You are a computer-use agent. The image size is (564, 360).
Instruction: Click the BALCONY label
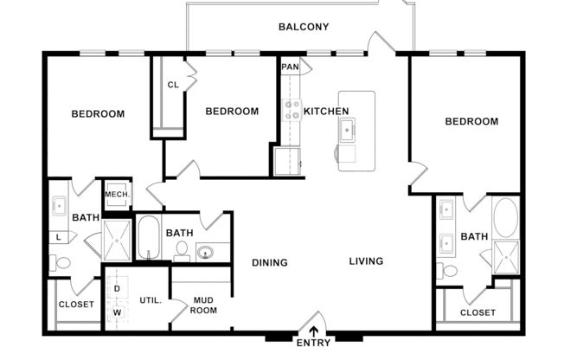pyautogui.click(x=303, y=27)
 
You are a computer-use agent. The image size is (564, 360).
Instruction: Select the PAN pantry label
pyautogui.click(x=290, y=66)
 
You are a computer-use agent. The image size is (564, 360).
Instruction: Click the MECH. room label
pyautogui.click(x=117, y=195)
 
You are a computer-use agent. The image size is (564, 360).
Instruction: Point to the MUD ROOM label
pyautogui.click(x=203, y=305)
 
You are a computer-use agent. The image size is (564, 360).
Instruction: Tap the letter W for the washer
pyautogui.click(x=117, y=312)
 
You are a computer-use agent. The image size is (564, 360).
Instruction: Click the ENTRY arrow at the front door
pyautogui.click(x=313, y=330)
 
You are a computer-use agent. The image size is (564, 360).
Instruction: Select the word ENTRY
pyautogui.click(x=313, y=344)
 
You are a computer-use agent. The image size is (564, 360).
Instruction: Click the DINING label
pyautogui.click(x=270, y=262)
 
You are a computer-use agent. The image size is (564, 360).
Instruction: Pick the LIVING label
pyautogui.click(x=366, y=261)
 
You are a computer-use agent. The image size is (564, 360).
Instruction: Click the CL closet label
pyautogui.click(x=173, y=85)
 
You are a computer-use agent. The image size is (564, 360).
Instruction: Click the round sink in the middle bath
pyautogui.click(x=206, y=253)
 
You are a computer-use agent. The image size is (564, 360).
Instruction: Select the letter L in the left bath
pyautogui.click(x=59, y=236)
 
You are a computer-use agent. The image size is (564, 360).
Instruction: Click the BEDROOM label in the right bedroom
pyautogui.click(x=471, y=121)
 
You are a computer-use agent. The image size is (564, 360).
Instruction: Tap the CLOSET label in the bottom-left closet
pyautogui.click(x=76, y=305)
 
